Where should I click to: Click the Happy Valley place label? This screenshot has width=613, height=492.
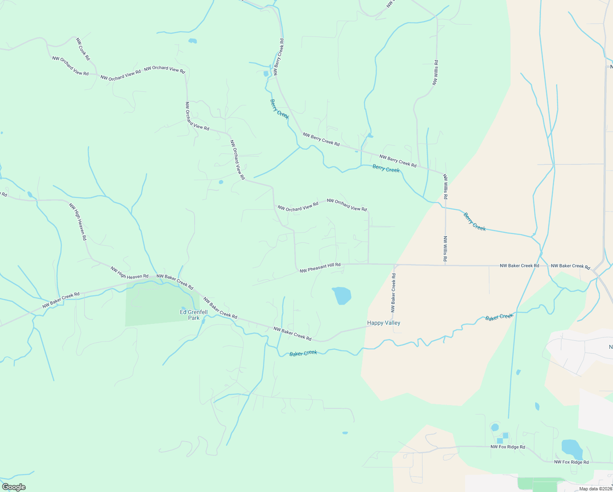[x=384, y=323]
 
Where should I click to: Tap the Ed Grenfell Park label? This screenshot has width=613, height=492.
[x=194, y=315]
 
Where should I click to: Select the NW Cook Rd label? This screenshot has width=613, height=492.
[x=83, y=49]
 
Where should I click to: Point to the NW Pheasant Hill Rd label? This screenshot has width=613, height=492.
[x=320, y=268]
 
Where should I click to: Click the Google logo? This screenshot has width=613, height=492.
[x=14, y=487]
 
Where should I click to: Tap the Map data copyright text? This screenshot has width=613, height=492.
[x=595, y=489]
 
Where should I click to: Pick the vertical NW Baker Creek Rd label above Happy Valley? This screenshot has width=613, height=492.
[x=393, y=293]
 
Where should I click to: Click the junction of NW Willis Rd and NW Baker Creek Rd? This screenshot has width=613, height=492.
[x=445, y=265]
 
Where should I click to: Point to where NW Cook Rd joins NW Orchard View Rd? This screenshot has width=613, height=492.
[x=97, y=75]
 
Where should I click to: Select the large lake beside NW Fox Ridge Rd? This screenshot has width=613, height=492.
[x=572, y=449]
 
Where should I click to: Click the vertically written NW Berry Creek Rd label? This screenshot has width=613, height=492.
[x=279, y=57]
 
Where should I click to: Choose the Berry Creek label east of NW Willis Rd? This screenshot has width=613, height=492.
[x=475, y=222]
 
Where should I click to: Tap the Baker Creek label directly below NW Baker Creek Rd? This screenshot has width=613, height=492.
[x=303, y=353]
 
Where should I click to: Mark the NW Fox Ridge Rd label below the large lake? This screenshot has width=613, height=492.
[x=571, y=462]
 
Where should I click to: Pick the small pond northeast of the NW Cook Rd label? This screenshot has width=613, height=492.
[x=192, y=41]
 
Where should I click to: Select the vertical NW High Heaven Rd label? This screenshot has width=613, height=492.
[x=78, y=221]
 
